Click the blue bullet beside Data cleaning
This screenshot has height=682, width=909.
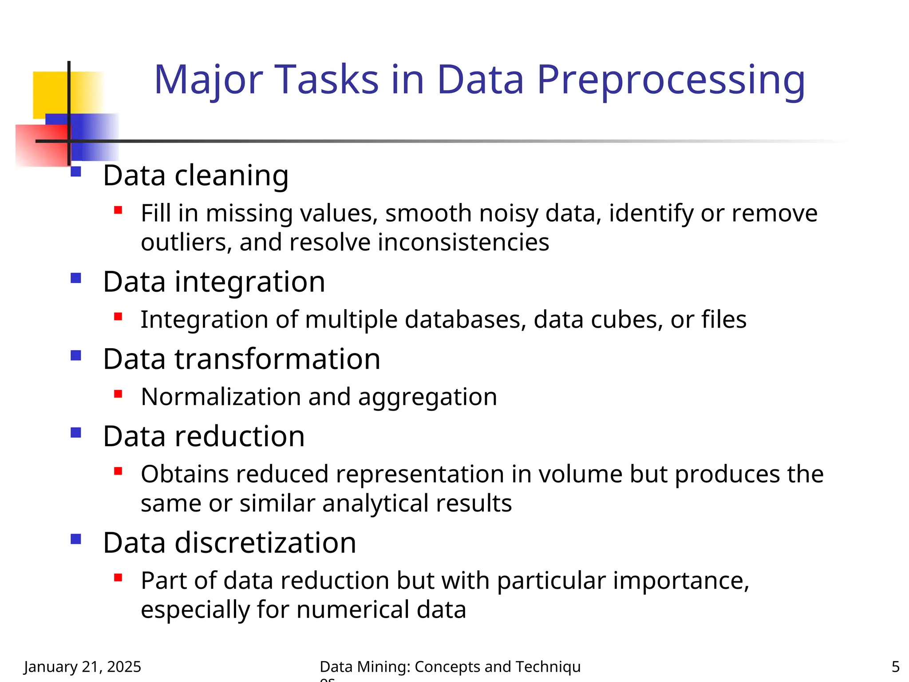(76, 172)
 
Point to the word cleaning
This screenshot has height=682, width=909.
(231, 176)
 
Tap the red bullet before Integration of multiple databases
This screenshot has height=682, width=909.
(118, 317)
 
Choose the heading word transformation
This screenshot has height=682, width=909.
(277, 359)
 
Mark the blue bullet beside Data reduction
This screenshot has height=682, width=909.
(76, 432)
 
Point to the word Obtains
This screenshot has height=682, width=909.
(185, 474)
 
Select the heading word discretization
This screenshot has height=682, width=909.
(265, 543)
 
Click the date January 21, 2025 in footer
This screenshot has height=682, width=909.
(83, 666)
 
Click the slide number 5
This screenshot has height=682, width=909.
(895, 666)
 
